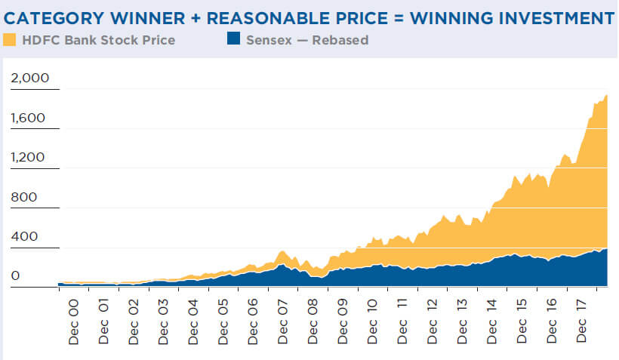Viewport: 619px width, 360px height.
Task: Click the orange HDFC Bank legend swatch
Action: (x=10, y=39)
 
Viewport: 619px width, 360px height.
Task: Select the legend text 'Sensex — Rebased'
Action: (x=307, y=40)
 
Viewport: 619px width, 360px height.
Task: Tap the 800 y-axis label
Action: (x=23, y=197)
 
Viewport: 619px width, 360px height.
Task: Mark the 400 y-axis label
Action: (x=23, y=237)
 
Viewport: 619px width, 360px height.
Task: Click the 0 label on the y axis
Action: (x=15, y=277)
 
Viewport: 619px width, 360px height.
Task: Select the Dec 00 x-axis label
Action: (x=73, y=322)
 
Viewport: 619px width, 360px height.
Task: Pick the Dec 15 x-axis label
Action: (x=522, y=322)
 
